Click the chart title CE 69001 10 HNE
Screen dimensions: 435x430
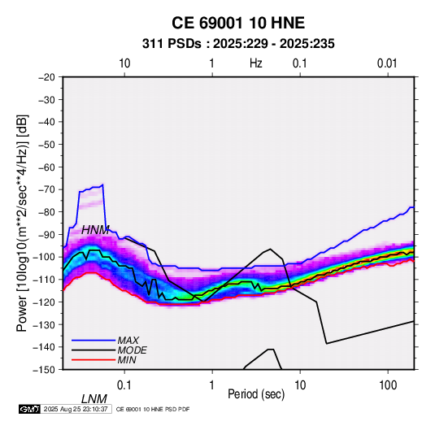pos(238,23)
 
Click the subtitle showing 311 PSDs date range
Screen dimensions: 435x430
pos(238,44)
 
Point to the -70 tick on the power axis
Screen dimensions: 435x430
pos(46,189)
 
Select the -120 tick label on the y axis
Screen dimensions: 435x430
pos(44,302)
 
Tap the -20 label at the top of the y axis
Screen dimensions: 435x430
pos(46,77)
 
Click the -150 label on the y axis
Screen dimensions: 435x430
pos(44,370)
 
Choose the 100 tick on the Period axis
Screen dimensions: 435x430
pos(388,385)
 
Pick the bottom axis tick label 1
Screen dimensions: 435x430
pos(212,385)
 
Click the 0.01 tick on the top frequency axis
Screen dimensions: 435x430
pos(387,63)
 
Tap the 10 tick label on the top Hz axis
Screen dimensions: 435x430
pos(124,63)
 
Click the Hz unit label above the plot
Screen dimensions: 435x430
pos(256,63)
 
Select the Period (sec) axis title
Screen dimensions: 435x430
pos(256,394)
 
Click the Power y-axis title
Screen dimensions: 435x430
pos(22,223)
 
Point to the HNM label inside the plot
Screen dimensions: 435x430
pos(95,230)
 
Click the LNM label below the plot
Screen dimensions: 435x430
pos(94,399)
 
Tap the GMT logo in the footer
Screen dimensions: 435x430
pos(30,409)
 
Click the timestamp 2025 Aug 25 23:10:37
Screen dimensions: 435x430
pos(76,409)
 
